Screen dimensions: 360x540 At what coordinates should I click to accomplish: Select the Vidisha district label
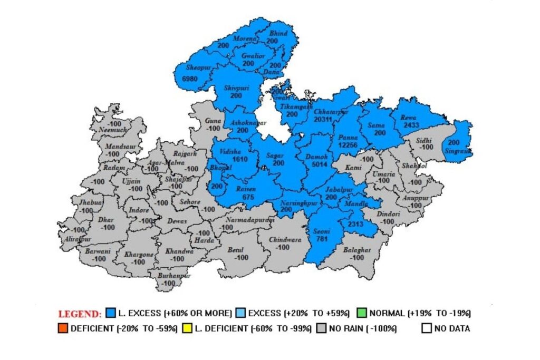230,151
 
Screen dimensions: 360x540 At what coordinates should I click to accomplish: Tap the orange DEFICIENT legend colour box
63,328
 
